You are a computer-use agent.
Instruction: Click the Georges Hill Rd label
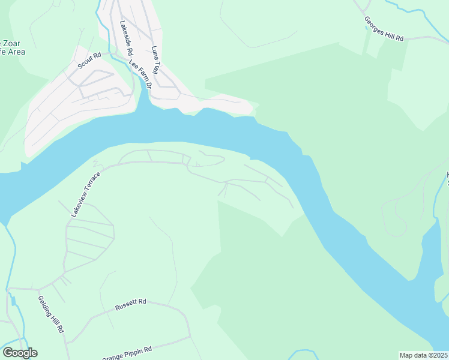pos(384,29)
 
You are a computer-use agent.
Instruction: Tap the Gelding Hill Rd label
pos(51,314)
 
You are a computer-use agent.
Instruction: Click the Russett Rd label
pos(131,305)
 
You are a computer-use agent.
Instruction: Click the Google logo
pos(20,353)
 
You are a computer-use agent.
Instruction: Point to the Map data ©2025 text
pos(424,355)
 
